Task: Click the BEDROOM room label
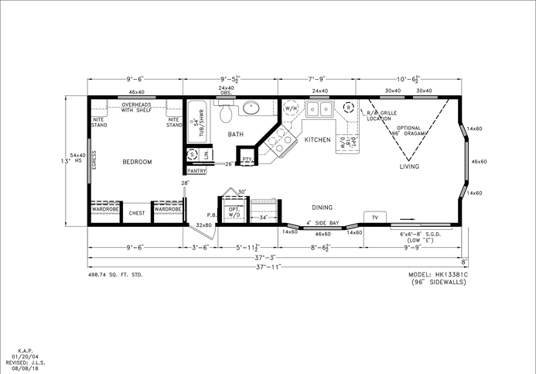[x=137, y=162]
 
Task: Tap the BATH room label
[x=235, y=135]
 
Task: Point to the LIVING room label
[x=409, y=166]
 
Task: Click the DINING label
[x=322, y=207]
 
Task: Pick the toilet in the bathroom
[x=226, y=115]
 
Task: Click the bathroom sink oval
[x=251, y=108]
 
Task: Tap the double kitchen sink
[x=319, y=109]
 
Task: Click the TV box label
[x=375, y=218]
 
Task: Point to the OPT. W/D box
[x=233, y=211]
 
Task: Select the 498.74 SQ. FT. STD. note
[x=115, y=275]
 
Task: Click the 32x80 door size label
[x=203, y=225]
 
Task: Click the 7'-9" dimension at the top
[x=317, y=78]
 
